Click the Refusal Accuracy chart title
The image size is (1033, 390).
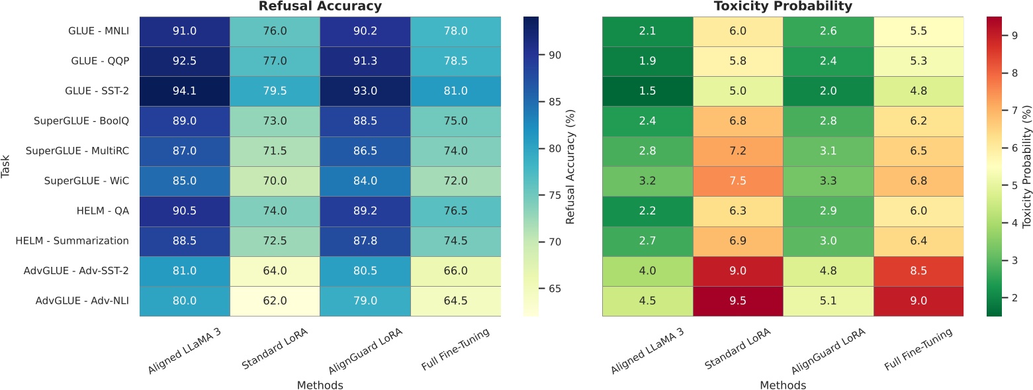[x=320, y=7]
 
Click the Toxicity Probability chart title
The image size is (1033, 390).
[x=783, y=7]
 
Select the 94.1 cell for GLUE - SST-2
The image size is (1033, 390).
[x=185, y=91]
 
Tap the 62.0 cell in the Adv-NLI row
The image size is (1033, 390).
[x=275, y=301]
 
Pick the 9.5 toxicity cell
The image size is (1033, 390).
[x=738, y=301]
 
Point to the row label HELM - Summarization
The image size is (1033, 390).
[x=72, y=241]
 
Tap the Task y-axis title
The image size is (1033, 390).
[x=7, y=166]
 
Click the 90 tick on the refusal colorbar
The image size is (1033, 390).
[x=557, y=55]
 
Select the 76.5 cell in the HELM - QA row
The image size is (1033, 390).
[x=455, y=211]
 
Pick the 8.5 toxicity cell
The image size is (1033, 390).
[x=919, y=271]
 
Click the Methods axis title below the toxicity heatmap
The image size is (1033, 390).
[x=783, y=384]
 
